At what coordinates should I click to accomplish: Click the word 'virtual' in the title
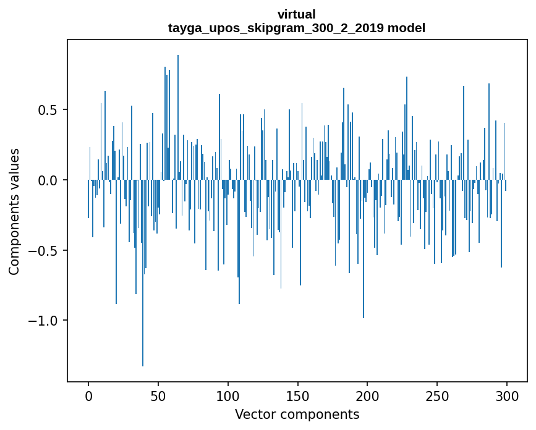pyautogui.click(x=297, y=14)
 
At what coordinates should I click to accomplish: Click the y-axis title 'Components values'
pyautogui.click(x=14, y=211)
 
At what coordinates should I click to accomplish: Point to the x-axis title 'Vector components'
pyautogui.click(x=297, y=414)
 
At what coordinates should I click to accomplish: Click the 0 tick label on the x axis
pyautogui.click(x=88, y=395)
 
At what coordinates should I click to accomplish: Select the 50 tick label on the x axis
pyautogui.click(x=158, y=395)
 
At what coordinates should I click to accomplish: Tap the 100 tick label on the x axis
pyautogui.click(x=228, y=395)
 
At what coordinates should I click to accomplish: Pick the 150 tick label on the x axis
pyautogui.click(x=298, y=395)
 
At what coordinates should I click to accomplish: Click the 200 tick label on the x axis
pyautogui.click(x=368, y=395)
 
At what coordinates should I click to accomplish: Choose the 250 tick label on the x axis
pyautogui.click(x=438, y=395)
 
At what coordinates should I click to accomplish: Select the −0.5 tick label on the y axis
pyautogui.click(x=45, y=251)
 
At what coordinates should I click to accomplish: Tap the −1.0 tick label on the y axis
pyautogui.click(x=45, y=321)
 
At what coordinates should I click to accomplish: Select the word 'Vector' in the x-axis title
pyautogui.click(x=253, y=414)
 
